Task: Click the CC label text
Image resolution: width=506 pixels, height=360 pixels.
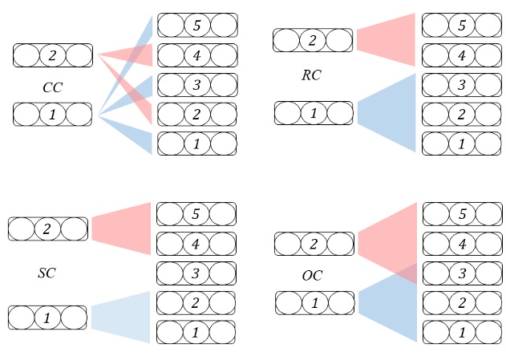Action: (x=53, y=87)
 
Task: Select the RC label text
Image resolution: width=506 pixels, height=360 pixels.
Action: (x=311, y=75)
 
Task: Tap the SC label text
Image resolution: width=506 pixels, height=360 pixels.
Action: (x=47, y=273)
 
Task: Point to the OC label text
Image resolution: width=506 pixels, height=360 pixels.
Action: (x=312, y=276)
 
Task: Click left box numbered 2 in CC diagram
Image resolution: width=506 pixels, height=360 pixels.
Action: (x=53, y=55)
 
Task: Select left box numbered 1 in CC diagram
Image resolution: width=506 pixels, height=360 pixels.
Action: (x=53, y=115)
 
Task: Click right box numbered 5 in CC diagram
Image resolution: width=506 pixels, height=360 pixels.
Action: (x=197, y=26)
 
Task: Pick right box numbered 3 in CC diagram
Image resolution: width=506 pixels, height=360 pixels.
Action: (x=197, y=85)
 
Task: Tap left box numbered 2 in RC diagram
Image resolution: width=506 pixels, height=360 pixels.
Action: (x=313, y=40)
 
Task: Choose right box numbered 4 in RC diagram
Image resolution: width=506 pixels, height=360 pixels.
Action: (x=461, y=55)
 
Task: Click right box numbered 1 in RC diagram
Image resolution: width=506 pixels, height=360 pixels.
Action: (x=461, y=144)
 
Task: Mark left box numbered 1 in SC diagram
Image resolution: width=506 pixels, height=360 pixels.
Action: (x=47, y=318)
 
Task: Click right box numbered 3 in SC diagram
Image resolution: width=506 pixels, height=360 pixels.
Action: (x=196, y=273)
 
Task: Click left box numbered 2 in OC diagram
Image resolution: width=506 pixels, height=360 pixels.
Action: (x=314, y=244)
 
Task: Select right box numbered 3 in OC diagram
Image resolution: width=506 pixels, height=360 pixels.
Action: (x=461, y=273)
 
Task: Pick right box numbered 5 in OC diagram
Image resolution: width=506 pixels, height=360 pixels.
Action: (x=461, y=214)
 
